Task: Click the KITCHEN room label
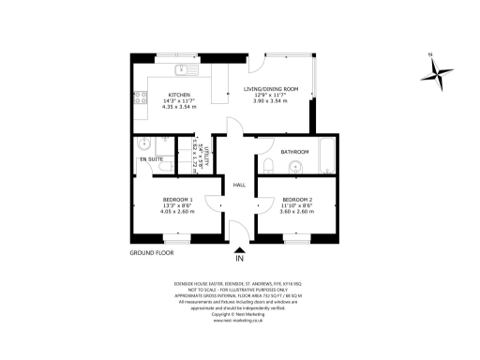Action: coord(179,95)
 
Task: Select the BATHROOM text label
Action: coord(295,151)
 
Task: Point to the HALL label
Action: coord(239,184)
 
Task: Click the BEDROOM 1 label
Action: coord(178,200)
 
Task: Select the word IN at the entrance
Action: coord(239,258)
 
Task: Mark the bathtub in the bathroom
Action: coord(327,158)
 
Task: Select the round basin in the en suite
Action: coord(143,144)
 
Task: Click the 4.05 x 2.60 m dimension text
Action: coord(178,212)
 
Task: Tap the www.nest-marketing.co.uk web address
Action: coord(239,319)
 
